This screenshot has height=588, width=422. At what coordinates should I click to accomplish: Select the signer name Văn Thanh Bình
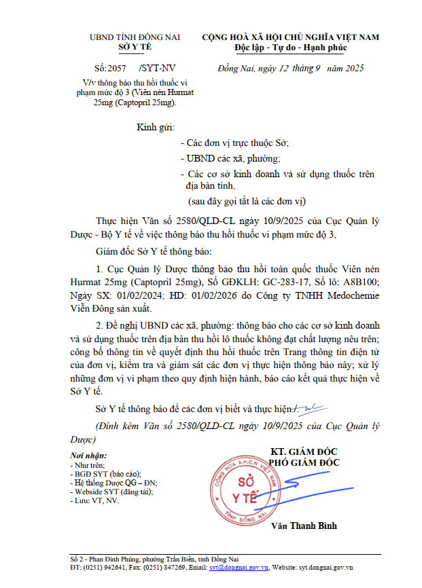coord(304,526)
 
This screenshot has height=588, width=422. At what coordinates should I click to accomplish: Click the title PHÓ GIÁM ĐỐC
coord(304,462)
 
